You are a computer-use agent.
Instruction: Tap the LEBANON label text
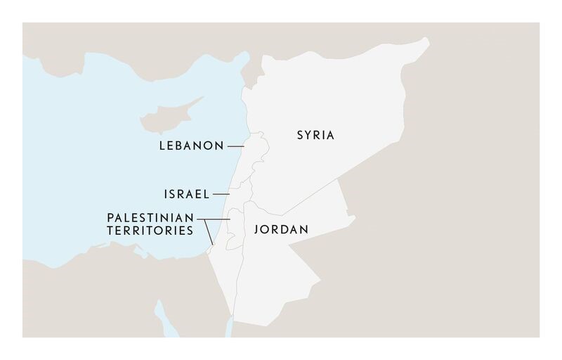pyautogui.click(x=190, y=146)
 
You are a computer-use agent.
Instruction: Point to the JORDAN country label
pyautogui.click(x=277, y=229)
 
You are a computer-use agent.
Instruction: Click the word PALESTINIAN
pyautogui.click(x=152, y=217)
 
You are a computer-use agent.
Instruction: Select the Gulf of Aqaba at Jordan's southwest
pyautogui.click(x=231, y=320)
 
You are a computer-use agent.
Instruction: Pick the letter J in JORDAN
pyautogui.click(x=247, y=229)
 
